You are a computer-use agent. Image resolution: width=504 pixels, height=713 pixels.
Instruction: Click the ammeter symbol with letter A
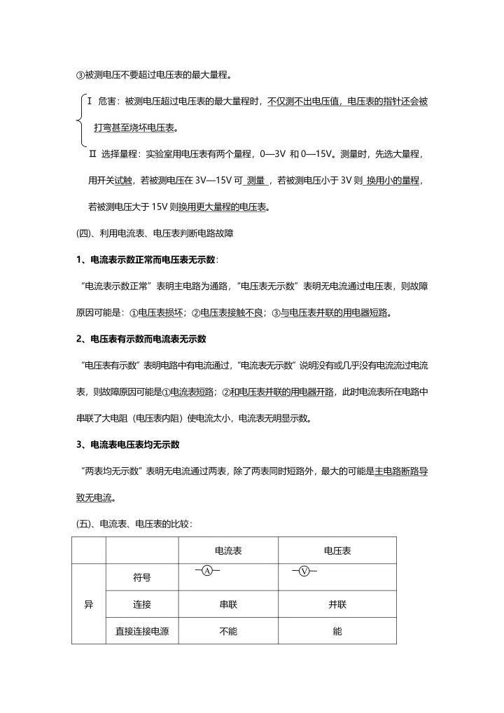(x=207, y=571)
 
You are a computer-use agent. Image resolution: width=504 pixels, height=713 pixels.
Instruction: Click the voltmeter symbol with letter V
(x=304, y=571)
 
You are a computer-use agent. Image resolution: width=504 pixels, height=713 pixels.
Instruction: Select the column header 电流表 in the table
(x=227, y=551)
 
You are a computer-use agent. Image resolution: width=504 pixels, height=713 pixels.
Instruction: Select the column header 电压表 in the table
(x=337, y=551)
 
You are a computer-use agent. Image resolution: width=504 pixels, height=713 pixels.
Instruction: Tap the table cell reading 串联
(x=227, y=604)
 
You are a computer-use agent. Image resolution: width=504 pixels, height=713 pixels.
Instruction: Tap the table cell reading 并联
(x=337, y=604)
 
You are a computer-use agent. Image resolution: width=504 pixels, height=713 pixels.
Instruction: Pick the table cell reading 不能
(x=227, y=631)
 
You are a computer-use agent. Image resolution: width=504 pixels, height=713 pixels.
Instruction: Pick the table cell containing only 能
(x=337, y=631)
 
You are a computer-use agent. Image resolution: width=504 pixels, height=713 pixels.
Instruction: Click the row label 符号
(x=142, y=578)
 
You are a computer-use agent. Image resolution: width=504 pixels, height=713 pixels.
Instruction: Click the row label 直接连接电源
(x=142, y=631)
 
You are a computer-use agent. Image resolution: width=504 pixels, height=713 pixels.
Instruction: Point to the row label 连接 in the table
(x=142, y=604)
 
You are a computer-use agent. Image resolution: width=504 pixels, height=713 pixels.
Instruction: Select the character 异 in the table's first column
(x=89, y=604)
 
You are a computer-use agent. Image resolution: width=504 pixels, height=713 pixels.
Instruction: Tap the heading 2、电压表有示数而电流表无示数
(x=141, y=339)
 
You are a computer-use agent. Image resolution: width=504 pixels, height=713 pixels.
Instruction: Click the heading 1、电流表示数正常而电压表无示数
(x=146, y=260)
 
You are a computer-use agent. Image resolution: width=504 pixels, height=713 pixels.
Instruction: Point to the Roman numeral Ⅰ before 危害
(x=91, y=102)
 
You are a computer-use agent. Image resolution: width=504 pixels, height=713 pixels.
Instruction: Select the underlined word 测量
(x=255, y=180)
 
